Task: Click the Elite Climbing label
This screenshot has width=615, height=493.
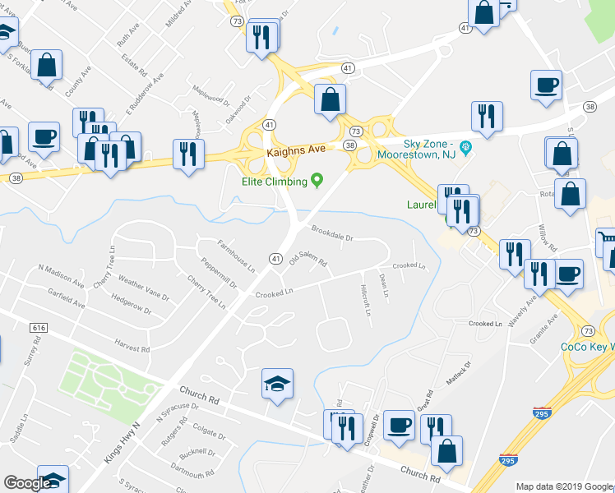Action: click(275, 181)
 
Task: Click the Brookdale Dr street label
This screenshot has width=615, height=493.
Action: click(331, 233)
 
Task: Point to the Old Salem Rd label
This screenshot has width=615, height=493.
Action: click(308, 260)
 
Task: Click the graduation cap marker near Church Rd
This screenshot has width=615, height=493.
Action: click(277, 382)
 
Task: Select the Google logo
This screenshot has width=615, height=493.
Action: click(27, 484)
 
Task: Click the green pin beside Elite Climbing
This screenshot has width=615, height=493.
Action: click(317, 181)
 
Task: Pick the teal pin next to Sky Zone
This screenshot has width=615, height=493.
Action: click(465, 149)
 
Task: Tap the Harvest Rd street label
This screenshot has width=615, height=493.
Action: click(132, 348)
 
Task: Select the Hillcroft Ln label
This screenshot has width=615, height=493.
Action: click(366, 301)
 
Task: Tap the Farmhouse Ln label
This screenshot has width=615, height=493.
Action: click(236, 251)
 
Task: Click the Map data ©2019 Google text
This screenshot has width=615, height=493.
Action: click(564, 486)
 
